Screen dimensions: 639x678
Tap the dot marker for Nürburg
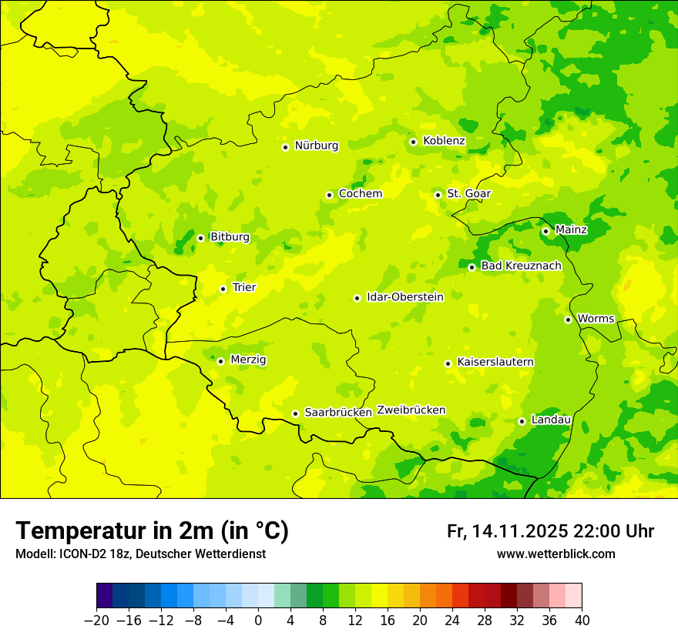(x=285, y=147)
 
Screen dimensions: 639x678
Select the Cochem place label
(x=360, y=194)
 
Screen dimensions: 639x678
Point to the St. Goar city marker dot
(x=438, y=195)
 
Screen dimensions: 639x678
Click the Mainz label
(x=571, y=230)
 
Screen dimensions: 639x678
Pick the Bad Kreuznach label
(x=521, y=266)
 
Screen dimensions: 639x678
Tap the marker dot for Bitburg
(x=200, y=238)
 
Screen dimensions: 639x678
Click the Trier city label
(x=244, y=288)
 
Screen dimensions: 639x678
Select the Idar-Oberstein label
(x=404, y=297)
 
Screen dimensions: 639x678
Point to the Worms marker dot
(x=568, y=319)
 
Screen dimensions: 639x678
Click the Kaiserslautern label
(x=495, y=363)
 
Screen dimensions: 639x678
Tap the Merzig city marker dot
(x=220, y=361)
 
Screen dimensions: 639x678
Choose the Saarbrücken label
(x=338, y=413)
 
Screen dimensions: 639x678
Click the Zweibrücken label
(x=411, y=410)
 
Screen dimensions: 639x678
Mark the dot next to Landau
(x=522, y=421)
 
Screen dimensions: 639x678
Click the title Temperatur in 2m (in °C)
(x=152, y=531)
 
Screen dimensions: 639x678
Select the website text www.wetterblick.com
(x=555, y=554)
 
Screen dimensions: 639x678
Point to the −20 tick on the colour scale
(x=96, y=621)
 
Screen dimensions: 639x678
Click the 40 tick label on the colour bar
(x=582, y=621)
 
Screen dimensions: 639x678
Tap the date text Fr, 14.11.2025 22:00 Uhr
(x=550, y=532)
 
